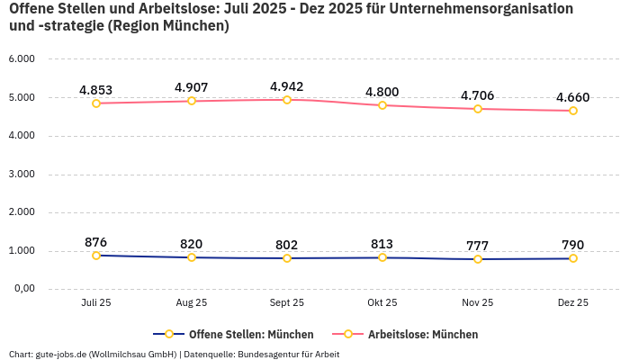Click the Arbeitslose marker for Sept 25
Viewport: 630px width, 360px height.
point(287,99)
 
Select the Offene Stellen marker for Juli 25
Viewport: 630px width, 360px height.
point(96,256)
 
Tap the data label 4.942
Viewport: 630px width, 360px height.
point(287,86)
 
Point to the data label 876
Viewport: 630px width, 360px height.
point(96,242)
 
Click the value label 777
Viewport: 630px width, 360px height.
point(478,246)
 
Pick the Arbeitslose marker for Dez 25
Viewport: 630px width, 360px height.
point(573,111)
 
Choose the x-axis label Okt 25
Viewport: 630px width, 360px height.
point(382,303)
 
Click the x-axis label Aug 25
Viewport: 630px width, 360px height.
point(192,303)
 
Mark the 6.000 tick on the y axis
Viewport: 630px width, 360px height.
point(22,59)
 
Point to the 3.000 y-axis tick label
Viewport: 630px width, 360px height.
point(22,175)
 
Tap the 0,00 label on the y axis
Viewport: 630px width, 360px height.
point(22,289)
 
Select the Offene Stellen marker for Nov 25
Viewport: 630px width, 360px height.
point(478,259)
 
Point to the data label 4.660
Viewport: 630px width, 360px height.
point(573,97)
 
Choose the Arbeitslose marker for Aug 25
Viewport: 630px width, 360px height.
point(192,101)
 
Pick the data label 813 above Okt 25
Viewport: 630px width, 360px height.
point(382,244)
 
